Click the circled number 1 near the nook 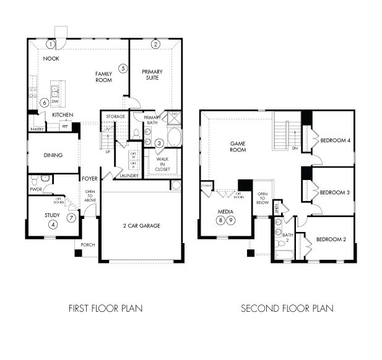click(50, 44)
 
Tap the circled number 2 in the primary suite click(155, 44)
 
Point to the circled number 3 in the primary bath click(159, 144)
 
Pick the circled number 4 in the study click(53, 225)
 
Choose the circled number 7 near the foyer click(72, 218)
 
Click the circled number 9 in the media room click(231, 220)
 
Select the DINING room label click(53, 155)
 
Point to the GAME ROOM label click(238, 146)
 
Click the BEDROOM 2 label click(331, 239)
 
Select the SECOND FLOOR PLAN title click(287, 307)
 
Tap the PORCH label click(88, 244)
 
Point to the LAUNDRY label click(129, 176)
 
